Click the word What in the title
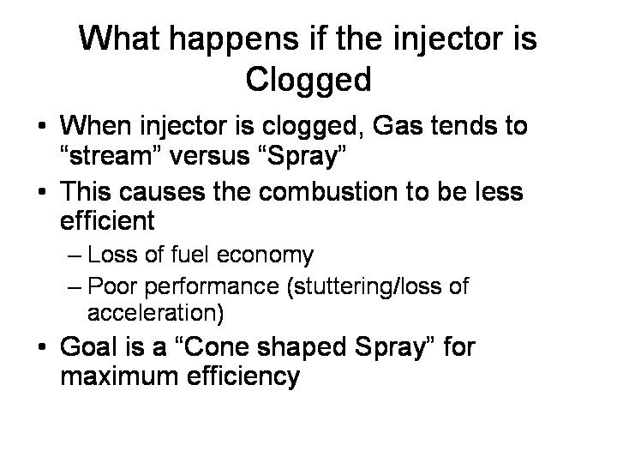click(x=120, y=39)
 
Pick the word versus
click(x=209, y=156)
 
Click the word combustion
click(x=328, y=191)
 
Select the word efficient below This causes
click(x=107, y=219)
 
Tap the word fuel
click(x=189, y=254)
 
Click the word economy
click(x=265, y=256)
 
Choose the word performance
click(x=213, y=287)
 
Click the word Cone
click(x=216, y=346)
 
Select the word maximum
click(x=119, y=376)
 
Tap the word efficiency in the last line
click(x=243, y=376)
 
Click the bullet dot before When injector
click(x=42, y=126)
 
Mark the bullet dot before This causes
click(x=42, y=192)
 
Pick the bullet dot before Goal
click(x=42, y=347)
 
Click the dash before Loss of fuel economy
click(x=75, y=256)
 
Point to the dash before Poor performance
click(x=75, y=287)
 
